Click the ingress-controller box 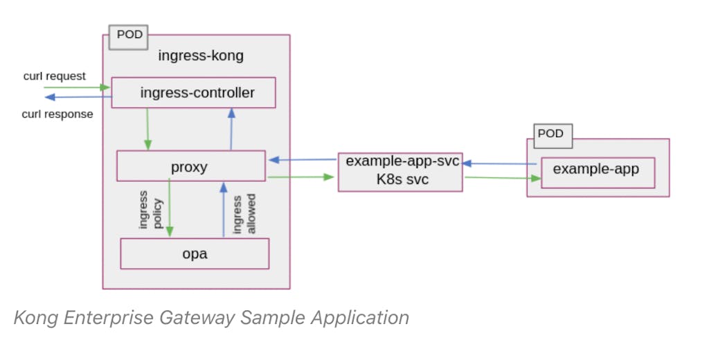coord(194,93)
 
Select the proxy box coord(190,167)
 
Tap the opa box coord(195,253)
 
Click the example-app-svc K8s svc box coord(400,171)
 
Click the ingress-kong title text coord(201,56)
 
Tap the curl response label coord(57,114)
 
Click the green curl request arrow coord(76,87)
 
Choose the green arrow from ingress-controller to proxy coord(147,129)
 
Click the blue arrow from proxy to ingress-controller coord(230,129)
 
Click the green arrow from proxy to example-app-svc coord(301,177)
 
